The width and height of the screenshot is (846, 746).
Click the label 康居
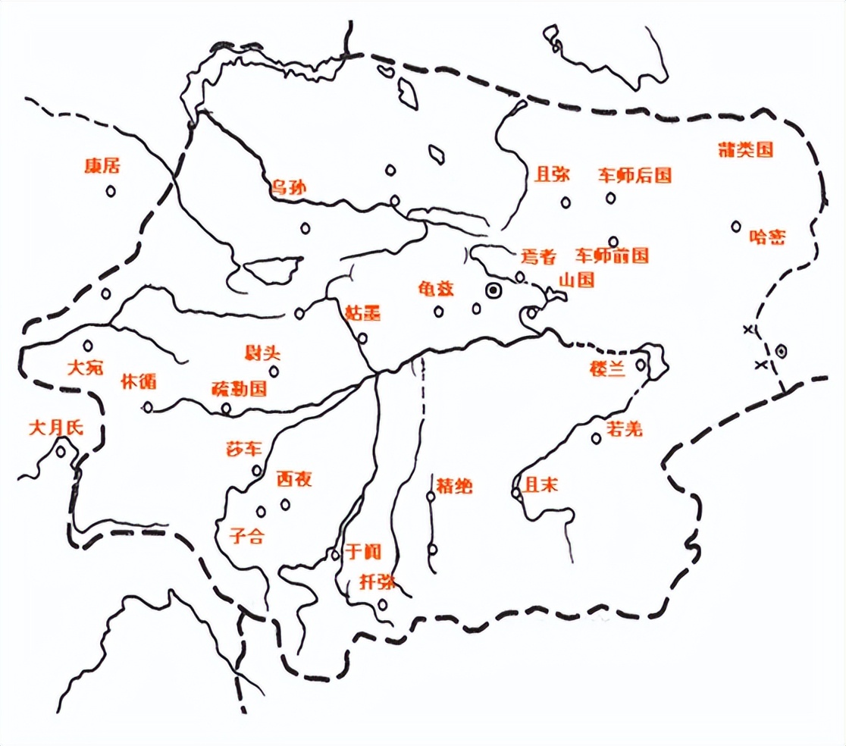(104, 166)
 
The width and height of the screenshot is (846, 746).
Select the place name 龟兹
(436, 289)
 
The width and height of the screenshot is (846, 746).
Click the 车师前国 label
(612, 255)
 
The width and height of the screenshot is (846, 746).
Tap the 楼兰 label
(608, 369)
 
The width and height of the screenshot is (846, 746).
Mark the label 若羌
(624, 429)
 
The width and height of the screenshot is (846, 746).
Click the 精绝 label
(453, 486)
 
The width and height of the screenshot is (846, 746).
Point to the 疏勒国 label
(239, 390)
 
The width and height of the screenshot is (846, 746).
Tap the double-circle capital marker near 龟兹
(493, 290)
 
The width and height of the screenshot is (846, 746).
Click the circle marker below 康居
(111, 192)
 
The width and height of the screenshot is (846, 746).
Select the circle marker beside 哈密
(736, 226)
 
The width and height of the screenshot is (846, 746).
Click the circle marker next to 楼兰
(641, 365)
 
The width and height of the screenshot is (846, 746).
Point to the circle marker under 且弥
(566, 202)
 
